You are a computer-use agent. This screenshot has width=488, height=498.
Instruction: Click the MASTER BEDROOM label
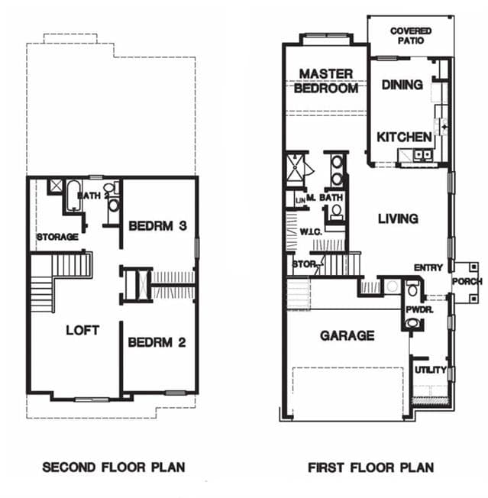pos(326,81)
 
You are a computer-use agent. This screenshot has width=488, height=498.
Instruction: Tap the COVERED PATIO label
pos(411,36)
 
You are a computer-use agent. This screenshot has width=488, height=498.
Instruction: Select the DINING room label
pos(402,85)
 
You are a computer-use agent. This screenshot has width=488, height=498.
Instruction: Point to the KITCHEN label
pos(404,137)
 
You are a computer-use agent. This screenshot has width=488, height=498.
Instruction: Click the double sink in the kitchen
pos(422,155)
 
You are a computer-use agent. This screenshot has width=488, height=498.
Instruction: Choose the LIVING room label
pos(398,218)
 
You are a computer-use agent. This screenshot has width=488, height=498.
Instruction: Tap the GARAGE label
pos(347,336)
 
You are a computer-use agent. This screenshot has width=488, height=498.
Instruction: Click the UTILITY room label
pos(431,370)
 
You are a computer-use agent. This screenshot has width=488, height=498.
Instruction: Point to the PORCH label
pos(467,281)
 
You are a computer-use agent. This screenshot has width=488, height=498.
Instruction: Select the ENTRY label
pos(428,268)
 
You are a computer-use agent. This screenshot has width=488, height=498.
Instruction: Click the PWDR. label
pos(419,309)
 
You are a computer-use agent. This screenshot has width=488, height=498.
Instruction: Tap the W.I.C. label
pos(311,232)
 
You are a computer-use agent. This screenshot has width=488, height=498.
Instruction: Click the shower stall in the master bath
pos(296,168)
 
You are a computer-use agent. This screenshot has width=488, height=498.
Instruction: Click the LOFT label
pos(82,330)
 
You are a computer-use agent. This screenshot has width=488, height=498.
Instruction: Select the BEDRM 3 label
pos(157,226)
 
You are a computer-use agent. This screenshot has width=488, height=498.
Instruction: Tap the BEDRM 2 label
pos(157,342)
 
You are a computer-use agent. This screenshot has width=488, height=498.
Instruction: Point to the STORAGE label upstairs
pos(57,237)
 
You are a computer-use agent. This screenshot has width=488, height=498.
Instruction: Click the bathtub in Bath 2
pos(73,196)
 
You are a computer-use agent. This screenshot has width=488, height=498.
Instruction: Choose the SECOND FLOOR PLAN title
pos(114,467)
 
